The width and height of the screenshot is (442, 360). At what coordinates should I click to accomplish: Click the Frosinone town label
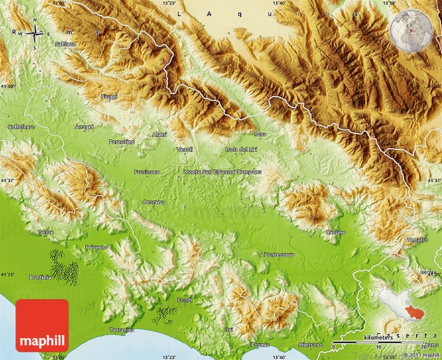click(x=147, y=172)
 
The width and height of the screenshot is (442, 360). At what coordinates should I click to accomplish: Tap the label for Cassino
click(x=335, y=232)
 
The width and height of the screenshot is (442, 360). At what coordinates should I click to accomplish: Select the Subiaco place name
click(x=65, y=43)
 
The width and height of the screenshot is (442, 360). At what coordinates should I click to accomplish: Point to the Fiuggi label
click(x=109, y=97)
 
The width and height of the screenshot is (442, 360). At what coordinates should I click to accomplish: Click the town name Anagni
click(x=85, y=127)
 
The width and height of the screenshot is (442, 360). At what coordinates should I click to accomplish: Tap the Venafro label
click(x=417, y=240)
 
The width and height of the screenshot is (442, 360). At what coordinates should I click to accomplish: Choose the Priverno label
click(x=97, y=247)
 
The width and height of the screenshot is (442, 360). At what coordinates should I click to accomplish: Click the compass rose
click(x=34, y=33)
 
